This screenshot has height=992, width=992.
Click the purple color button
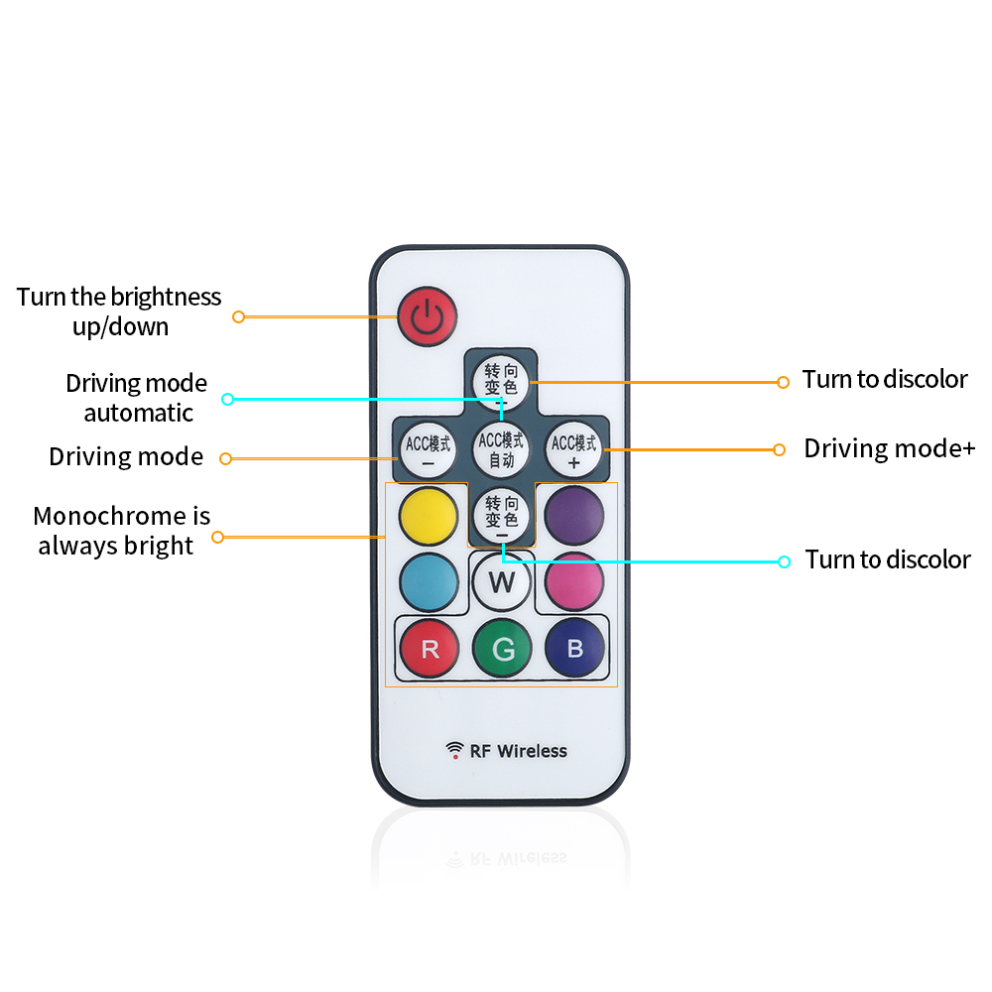574,512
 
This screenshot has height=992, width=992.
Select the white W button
501,581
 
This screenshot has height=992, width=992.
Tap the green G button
502,649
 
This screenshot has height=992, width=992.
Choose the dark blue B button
574,649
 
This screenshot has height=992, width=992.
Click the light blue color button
429,581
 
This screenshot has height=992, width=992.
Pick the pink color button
574,581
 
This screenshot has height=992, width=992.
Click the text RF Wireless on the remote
518,751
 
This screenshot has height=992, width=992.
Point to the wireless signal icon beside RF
454,750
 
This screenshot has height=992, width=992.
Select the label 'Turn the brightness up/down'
119,311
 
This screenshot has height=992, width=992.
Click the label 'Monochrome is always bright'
121,531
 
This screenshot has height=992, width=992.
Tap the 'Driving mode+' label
889,448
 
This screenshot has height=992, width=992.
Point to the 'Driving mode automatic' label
137,398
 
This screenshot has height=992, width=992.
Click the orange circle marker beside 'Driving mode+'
779,449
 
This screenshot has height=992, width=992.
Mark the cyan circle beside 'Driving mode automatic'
227,399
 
